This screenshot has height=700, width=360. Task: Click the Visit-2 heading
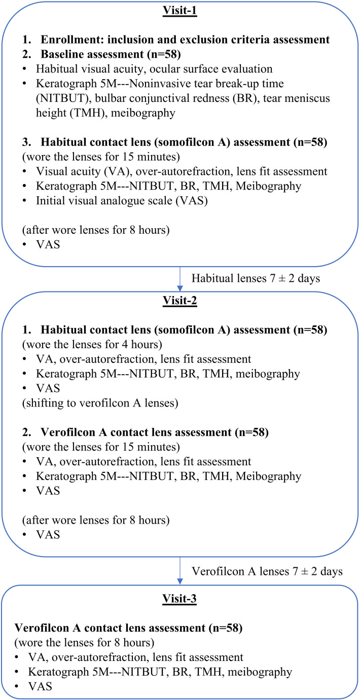click(179, 301)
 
